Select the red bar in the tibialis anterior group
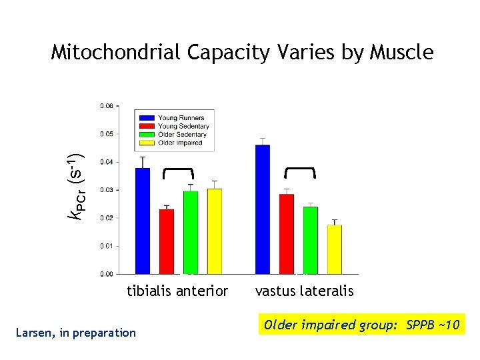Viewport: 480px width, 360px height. pos(167,241)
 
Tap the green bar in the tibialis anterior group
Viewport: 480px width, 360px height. pos(191,232)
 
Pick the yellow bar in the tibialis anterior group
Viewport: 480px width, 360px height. pos(215,231)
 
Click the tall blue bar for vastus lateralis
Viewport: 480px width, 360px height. pos(263,209)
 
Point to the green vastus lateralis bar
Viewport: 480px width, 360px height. pos(311,240)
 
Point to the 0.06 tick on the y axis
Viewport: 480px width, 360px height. pos(107,105)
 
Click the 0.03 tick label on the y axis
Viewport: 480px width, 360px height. pos(107,190)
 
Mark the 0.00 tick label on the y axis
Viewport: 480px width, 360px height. pos(107,274)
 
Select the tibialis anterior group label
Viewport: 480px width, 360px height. pos(177,291)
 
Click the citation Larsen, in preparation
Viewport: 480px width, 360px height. pos(75,332)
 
